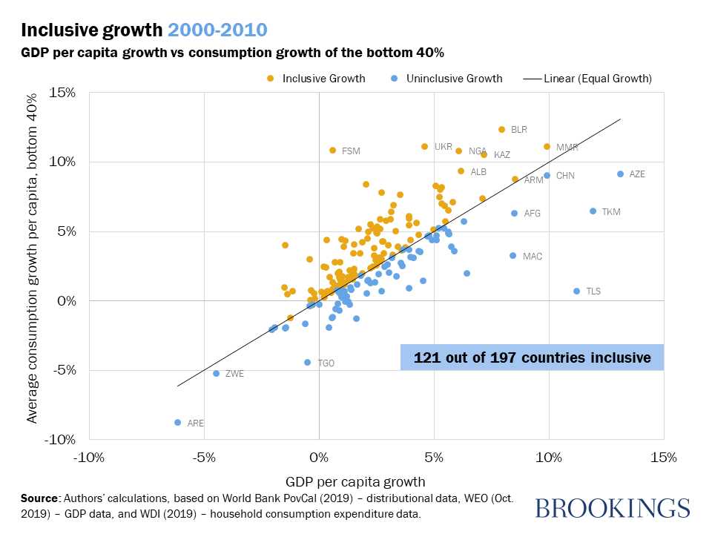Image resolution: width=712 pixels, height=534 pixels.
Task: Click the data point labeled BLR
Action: [502, 129]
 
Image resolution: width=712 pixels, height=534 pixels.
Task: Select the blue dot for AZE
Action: [620, 174]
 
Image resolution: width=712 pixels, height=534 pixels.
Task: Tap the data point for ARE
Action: [177, 422]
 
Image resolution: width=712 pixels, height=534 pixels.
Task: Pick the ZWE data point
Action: [216, 373]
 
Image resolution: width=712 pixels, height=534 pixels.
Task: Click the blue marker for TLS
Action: [576, 291]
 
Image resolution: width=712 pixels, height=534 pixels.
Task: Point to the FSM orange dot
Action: [332, 150]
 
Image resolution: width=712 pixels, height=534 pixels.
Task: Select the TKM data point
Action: [593, 211]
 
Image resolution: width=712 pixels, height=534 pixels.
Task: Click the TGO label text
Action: [326, 363]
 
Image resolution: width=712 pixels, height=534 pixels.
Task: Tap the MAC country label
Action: [532, 257]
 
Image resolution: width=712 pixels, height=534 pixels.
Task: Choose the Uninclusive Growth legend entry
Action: [450, 78]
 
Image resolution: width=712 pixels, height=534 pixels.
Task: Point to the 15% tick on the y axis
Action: [62, 92]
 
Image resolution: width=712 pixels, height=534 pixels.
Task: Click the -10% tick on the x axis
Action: [88, 458]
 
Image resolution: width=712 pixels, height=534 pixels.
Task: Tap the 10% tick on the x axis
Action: [549, 458]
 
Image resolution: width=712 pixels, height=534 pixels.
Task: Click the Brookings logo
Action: [612, 508]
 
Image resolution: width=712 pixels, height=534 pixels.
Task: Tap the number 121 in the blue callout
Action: [426, 357]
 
